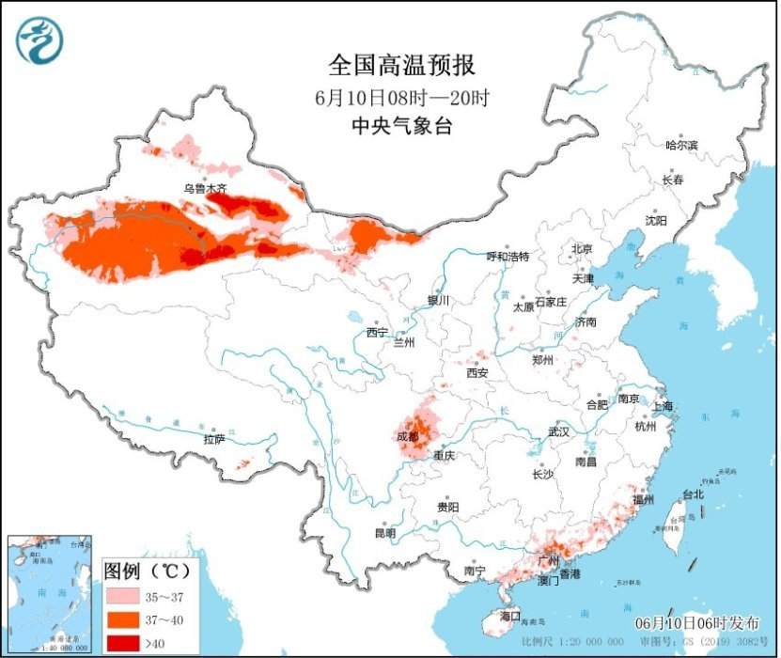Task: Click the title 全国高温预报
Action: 401,65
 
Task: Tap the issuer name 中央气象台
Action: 401,125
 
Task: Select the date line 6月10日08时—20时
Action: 401,96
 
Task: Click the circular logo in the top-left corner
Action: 39,40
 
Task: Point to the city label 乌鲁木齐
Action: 205,189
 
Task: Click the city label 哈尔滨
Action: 681,146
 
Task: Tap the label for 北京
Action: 582,249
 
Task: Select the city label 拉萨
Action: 213,439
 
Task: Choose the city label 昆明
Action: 385,533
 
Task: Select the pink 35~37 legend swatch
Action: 120,595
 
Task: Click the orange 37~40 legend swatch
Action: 120,619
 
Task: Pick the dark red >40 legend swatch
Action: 120,642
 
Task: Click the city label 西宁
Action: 377,333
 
